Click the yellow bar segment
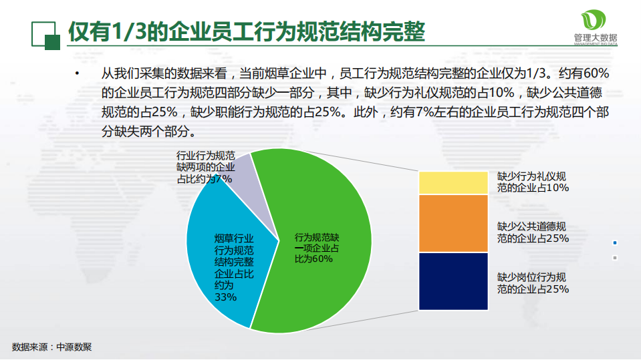click(453, 182)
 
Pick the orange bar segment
click(453, 223)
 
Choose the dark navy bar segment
click(453, 281)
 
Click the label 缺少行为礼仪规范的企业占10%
click(533, 182)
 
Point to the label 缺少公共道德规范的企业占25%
click(533, 232)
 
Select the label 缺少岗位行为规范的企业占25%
click(533, 283)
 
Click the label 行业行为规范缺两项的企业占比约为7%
click(205, 166)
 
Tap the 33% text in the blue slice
click(225, 297)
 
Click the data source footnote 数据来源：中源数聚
click(51, 347)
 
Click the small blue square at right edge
click(614, 242)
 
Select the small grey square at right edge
click(614, 258)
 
